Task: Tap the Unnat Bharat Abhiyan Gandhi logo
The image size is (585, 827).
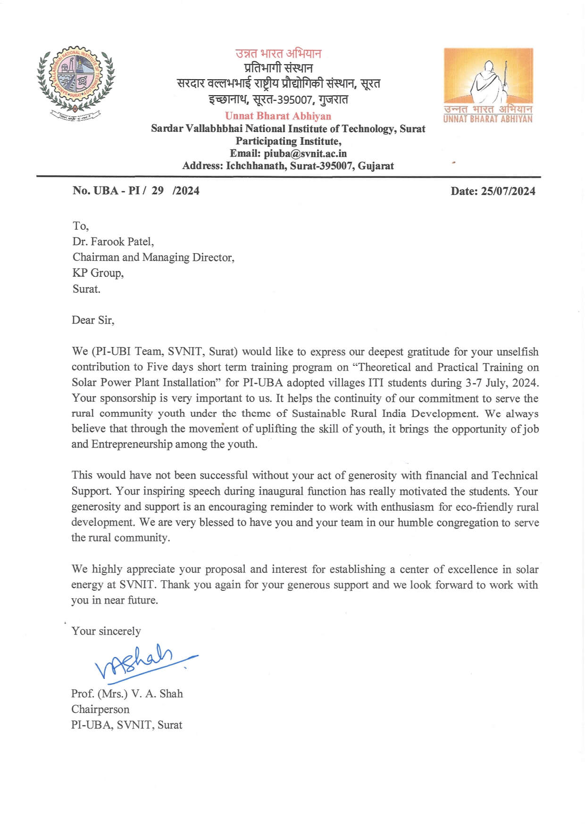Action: (488, 85)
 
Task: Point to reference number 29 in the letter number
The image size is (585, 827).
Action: (158, 190)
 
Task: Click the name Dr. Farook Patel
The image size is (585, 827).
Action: (113, 241)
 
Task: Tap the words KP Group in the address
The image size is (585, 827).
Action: (98, 273)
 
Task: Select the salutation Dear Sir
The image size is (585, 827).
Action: (92, 320)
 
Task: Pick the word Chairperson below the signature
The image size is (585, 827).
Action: (100, 709)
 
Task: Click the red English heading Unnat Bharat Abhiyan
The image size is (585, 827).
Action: (278, 116)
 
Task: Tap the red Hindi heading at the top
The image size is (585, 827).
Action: (278, 53)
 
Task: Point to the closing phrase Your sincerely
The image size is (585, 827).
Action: (106, 631)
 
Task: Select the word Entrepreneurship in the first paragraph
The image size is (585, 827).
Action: (132, 444)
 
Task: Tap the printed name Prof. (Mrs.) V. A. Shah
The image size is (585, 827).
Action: (126, 694)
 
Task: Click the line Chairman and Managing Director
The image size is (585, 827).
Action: (153, 257)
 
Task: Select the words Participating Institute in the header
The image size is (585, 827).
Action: (288, 141)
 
